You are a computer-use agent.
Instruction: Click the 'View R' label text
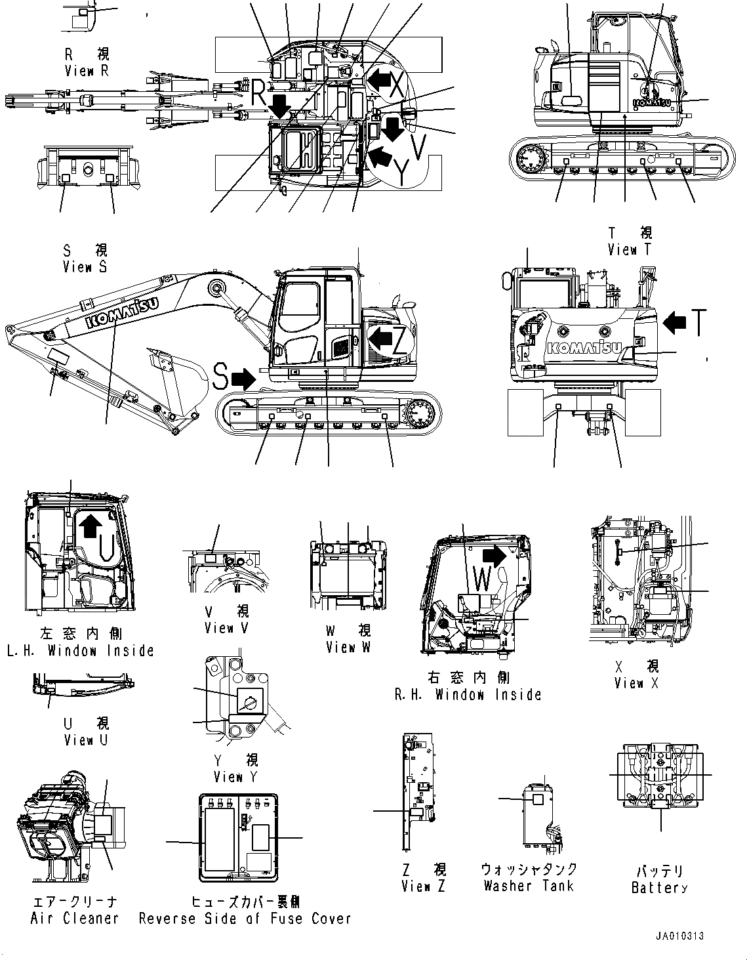[87, 71]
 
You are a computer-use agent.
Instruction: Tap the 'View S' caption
[85, 266]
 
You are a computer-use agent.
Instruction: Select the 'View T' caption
[630, 249]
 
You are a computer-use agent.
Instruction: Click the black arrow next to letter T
[674, 322]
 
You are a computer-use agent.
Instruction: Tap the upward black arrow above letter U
[90, 525]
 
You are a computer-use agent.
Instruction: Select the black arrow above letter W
[495, 555]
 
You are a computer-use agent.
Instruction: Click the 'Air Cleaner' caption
[75, 918]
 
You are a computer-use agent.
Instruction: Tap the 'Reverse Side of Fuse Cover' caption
[245, 918]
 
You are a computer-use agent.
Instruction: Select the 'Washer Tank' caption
[529, 886]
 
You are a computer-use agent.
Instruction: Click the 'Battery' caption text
[659, 888]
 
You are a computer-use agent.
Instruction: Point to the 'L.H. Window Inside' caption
[81, 650]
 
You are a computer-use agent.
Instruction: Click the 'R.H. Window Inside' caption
[468, 694]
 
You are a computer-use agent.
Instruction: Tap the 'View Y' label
[235, 776]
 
